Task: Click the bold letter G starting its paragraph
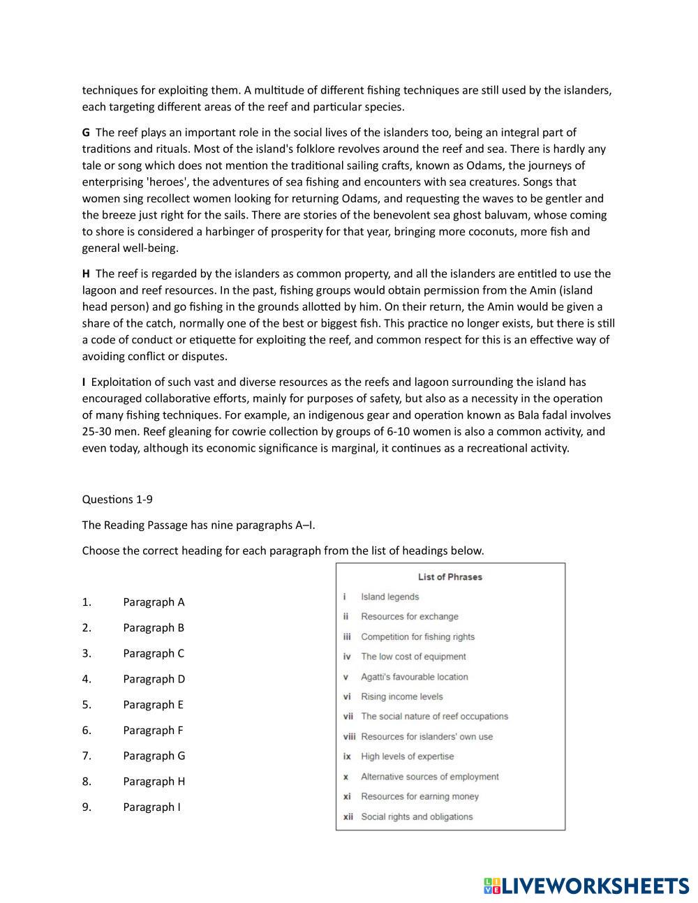pyautogui.click(x=87, y=133)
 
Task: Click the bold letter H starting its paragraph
pyautogui.click(x=87, y=274)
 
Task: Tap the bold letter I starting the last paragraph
pyautogui.click(x=84, y=382)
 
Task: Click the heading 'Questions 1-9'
pyautogui.click(x=117, y=499)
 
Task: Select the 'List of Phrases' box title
pyautogui.click(x=450, y=577)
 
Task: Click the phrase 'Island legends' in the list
pyautogui.click(x=389, y=597)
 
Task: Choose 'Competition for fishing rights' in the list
pyautogui.click(x=417, y=636)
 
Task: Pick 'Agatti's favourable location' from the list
pyautogui.click(x=414, y=677)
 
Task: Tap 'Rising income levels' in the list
pyautogui.click(x=401, y=696)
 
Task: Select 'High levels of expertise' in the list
pyautogui.click(x=407, y=756)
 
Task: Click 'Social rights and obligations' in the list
pyautogui.click(x=416, y=816)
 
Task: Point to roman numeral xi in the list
pyautogui.click(x=347, y=796)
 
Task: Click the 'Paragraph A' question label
pyautogui.click(x=154, y=602)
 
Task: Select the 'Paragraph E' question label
pyautogui.click(x=153, y=705)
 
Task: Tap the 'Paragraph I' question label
pyautogui.click(x=151, y=807)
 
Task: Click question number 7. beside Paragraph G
pyautogui.click(x=87, y=756)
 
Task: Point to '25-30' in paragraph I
pyautogui.click(x=98, y=431)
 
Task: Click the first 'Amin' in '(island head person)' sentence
pyautogui.click(x=519, y=290)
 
